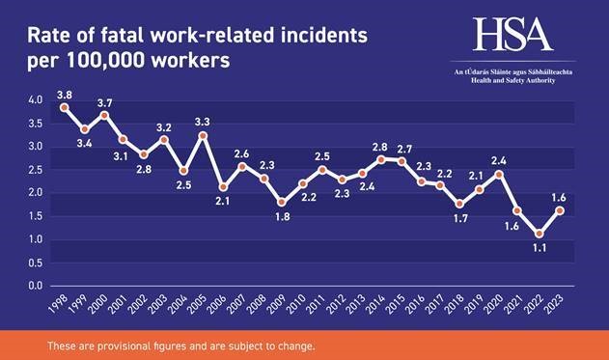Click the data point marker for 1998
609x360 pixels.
[x=64, y=107]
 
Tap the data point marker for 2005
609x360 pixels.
[x=203, y=136]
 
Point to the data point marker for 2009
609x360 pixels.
[x=281, y=203]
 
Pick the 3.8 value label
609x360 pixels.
[x=65, y=95]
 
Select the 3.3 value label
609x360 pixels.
[x=204, y=122]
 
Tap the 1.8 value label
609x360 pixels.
[x=280, y=217]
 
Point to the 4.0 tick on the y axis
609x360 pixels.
[x=36, y=100]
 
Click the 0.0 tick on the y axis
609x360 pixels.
[x=36, y=286]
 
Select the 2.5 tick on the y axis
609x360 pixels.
[x=36, y=170]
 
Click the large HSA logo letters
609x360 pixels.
[x=512, y=36]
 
